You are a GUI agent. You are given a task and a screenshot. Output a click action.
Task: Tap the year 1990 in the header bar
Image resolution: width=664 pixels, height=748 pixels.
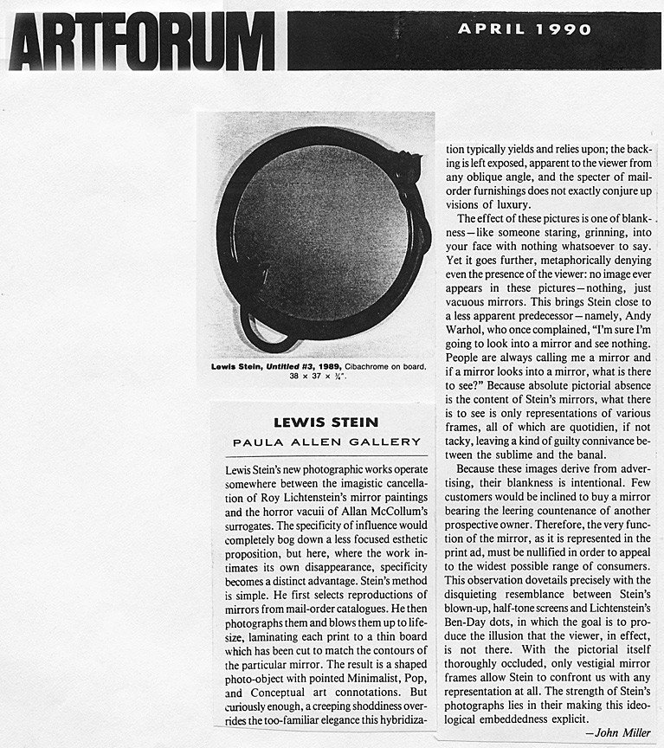(x=562, y=29)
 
